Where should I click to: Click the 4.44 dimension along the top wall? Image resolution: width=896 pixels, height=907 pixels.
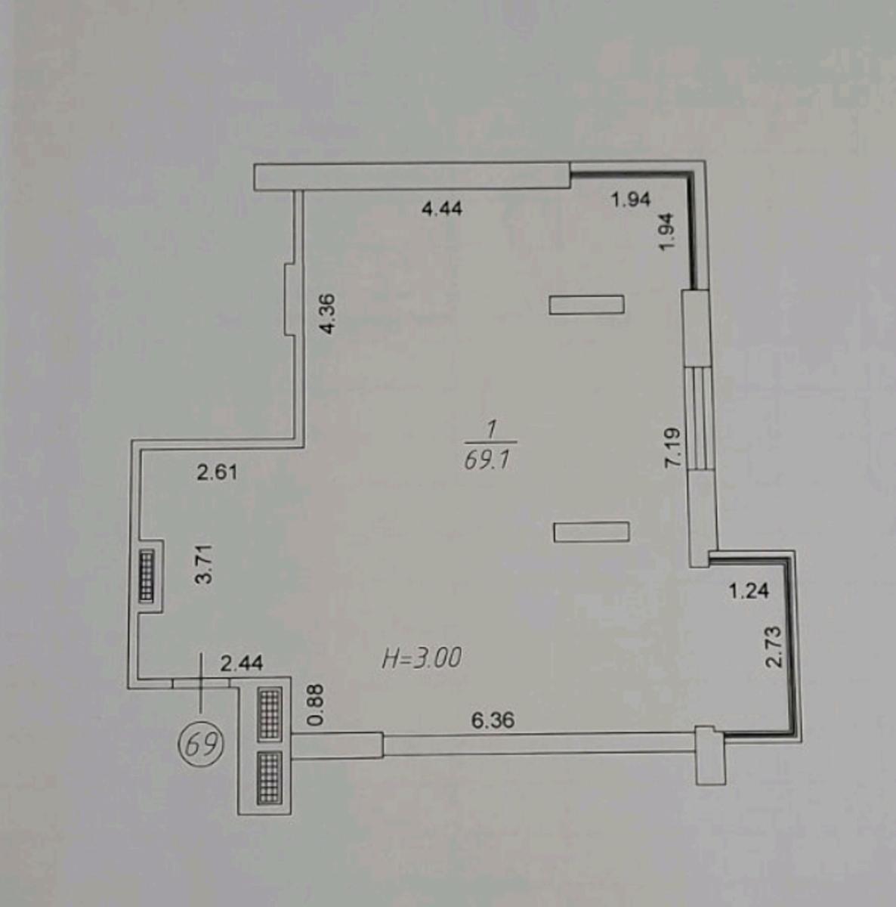click(x=442, y=209)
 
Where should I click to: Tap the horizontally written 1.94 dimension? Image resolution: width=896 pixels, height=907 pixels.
click(x=631, y=200)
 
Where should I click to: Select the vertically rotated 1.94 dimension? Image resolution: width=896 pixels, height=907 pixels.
click(x=666, y=232)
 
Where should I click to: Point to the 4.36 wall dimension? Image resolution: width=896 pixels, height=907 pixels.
click(x=327, y=313)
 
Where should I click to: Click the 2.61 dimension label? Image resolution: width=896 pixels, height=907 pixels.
click(x=217, y=473)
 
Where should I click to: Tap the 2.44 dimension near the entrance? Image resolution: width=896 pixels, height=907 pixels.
click(x=242, y=664)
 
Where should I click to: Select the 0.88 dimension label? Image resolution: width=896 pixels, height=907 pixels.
click(x=315, y=704)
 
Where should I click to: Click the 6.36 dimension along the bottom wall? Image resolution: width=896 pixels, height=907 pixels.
click(x=493, y=720)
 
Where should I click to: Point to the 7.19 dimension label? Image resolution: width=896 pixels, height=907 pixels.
click(x=672, y=447)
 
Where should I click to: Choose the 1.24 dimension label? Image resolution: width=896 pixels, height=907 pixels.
click(x=749, y=590)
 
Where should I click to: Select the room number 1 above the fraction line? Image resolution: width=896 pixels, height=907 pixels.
click(x=492, y=430)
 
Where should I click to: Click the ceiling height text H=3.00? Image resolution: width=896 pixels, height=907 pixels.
click(x=422, y=658)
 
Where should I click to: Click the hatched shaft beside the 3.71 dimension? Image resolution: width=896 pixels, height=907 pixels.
click(x=147, y=575)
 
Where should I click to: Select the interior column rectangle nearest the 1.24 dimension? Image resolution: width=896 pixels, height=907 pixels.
click(x=592, y=532)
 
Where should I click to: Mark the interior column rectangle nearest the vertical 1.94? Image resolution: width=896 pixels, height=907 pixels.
click(x=587, y=304)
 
